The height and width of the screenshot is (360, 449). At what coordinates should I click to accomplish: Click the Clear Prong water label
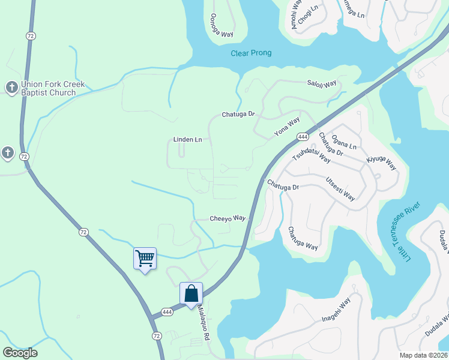251,53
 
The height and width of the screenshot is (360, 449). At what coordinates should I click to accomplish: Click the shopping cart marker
145,259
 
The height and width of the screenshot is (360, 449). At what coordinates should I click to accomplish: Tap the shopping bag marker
191,294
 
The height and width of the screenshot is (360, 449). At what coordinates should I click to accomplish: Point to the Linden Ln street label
187,140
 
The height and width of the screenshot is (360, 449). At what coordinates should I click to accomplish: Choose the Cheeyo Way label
228,218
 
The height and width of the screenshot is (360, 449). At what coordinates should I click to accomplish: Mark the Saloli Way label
322,84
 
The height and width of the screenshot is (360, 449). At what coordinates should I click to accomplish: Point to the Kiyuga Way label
382,162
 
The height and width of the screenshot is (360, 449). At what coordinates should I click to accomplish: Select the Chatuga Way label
303,238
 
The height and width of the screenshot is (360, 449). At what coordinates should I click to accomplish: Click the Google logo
20,353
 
